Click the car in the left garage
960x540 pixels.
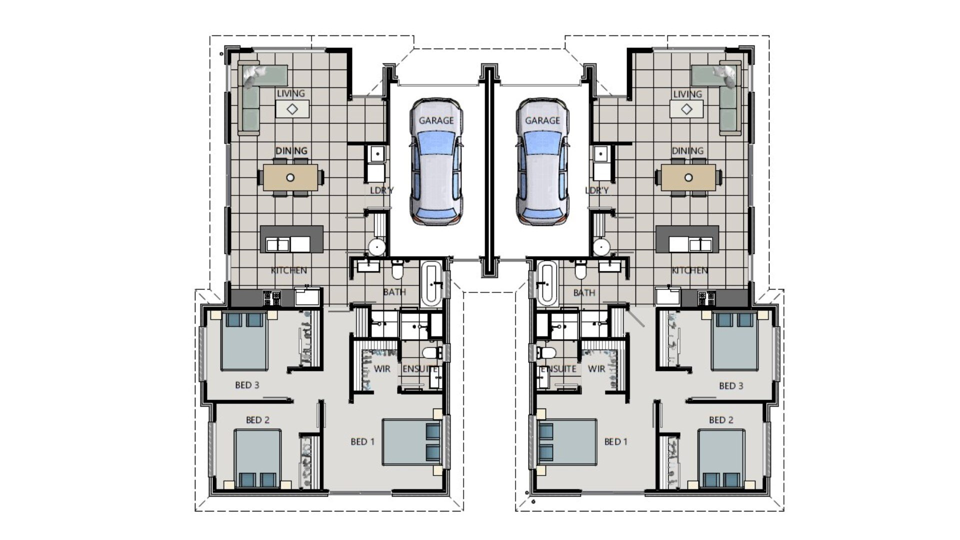436,165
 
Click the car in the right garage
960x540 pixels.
543,165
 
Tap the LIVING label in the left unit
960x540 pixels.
291,93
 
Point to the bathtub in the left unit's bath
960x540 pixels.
431,283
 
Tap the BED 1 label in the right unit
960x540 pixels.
615,442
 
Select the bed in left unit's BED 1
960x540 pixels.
411,442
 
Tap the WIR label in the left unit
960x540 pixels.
382,369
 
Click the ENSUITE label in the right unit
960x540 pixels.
559,369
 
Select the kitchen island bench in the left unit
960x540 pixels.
291,239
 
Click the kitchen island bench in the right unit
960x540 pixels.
687,239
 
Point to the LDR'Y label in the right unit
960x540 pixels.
597,190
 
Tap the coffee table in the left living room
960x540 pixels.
292,108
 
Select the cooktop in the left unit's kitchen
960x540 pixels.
272,298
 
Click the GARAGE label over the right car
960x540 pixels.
542,120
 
